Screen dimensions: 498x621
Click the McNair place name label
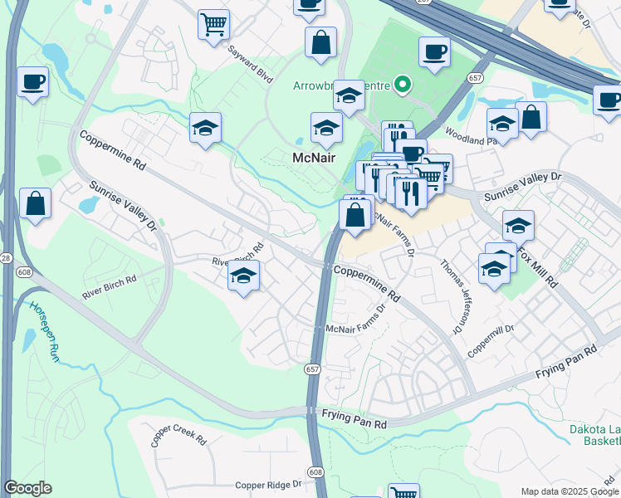tap(313, 158)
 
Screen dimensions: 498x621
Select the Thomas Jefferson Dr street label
tap(452, 295)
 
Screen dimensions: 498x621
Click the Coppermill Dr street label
tap(491, 340)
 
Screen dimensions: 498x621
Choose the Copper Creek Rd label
tap(178, 435)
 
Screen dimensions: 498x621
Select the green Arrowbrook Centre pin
tap(403, 84)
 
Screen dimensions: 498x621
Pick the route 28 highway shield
tap(6, 259)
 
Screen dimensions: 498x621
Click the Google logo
tap(27, 488)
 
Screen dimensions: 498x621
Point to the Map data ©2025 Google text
tap(569, 491)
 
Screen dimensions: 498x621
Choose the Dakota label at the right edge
tap(594, 429)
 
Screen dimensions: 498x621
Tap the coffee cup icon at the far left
tap(32, 82)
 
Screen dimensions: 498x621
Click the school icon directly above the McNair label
tap(326, 128)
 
